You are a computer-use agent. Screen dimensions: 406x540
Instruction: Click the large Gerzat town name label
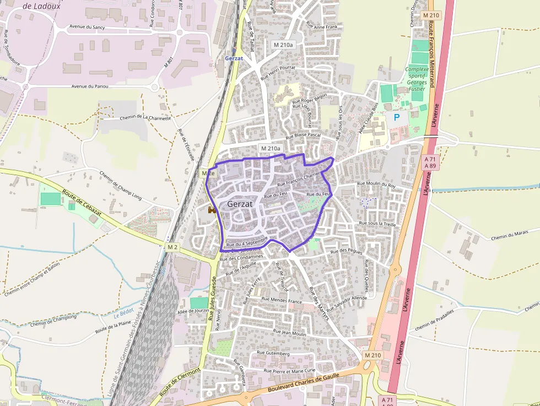point(240,204)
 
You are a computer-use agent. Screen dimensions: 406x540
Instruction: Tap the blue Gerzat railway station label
point(234,58)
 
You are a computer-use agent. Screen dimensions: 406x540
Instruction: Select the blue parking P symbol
point(396,117)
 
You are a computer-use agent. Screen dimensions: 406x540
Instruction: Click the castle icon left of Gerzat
point(212,209)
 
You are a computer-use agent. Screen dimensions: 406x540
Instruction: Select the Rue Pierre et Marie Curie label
point(290,371)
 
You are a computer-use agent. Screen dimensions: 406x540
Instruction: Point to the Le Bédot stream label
point(124,312)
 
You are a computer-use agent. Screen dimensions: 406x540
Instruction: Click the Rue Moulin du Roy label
point(376,185)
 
